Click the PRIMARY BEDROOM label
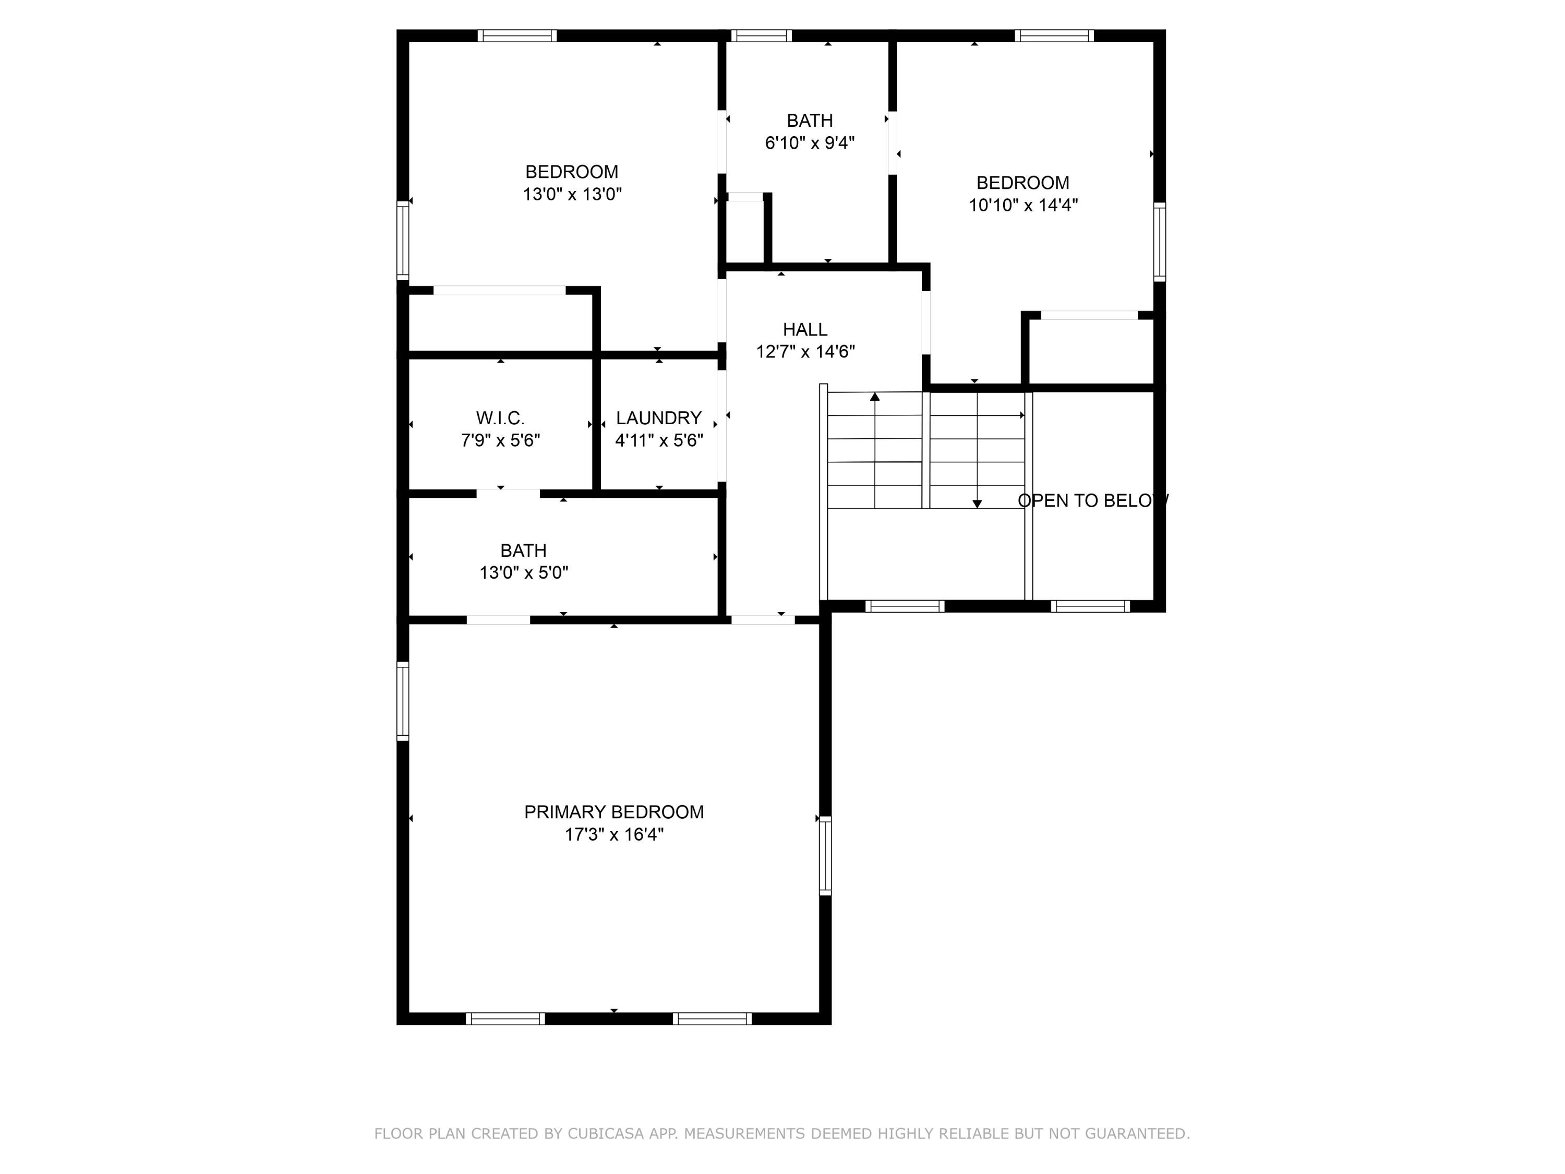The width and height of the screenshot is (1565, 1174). (x=613, y=812)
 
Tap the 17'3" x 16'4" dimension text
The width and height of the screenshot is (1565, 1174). (x=613, y=834)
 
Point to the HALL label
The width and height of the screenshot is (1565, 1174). (x=804, y=329)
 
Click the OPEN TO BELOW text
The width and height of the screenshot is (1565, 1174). (x=1092, y=500)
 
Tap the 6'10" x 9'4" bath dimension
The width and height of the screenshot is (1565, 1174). (x=810, y=143)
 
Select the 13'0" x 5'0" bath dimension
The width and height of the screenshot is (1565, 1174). (x=524, y=572)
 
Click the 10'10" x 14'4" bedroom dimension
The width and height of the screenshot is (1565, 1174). (x=1022, y=205)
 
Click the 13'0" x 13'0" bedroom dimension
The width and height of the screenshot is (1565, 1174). (x=572, y=194)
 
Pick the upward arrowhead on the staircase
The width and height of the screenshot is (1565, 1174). (x=874, y=397)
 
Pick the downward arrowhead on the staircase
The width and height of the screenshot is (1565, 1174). (x=977, y=504)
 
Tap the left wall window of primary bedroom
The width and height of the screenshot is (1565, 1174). (x=403, y=701)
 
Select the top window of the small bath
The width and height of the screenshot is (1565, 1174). (x=761, y=35)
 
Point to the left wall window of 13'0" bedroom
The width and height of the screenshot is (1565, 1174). (x=403, y=241)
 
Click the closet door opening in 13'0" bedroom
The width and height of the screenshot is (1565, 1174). (x=500, y=290)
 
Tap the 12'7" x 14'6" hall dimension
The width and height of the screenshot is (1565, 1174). (x=805, y=352)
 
